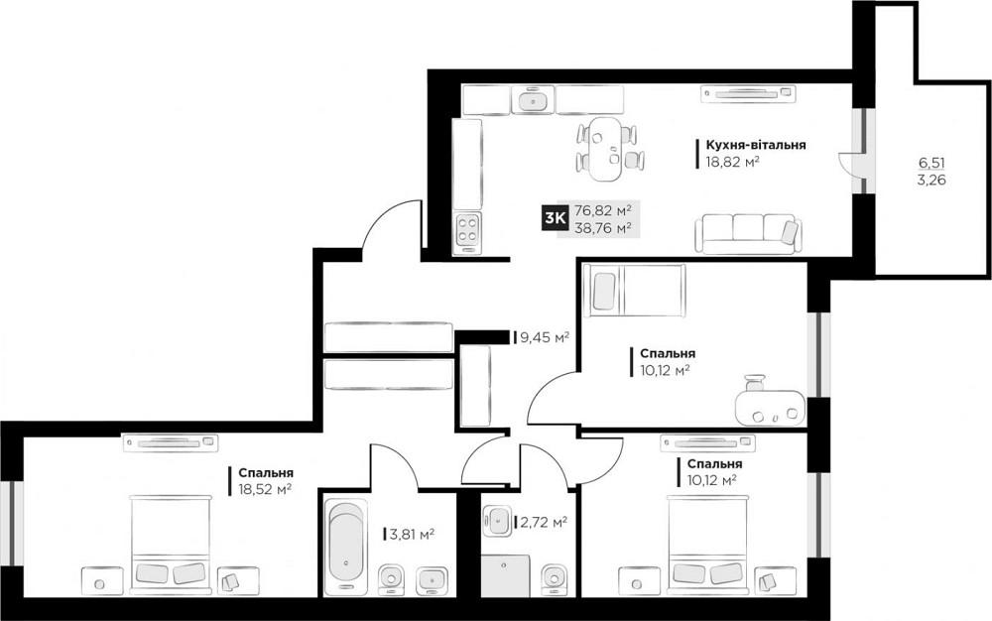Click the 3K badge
555,218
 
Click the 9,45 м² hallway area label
545,337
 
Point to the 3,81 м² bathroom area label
412,535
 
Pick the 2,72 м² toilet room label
544,522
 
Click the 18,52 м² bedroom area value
264,488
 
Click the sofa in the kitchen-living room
745,231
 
